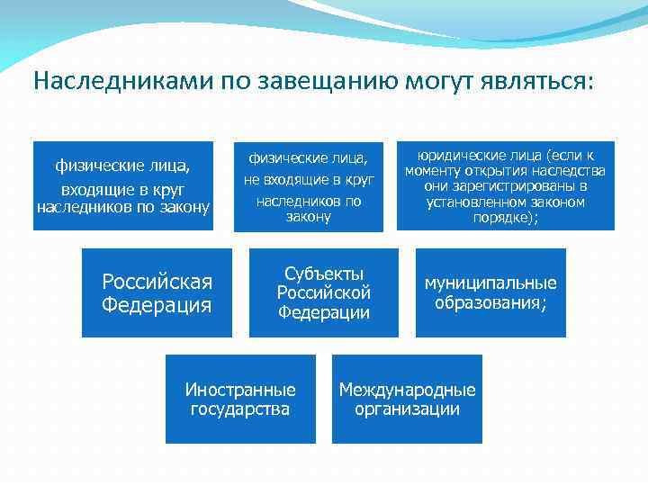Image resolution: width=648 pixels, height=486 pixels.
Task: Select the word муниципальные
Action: click(x=490, y=283)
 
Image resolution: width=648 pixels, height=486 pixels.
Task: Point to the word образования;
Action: click(x=490, y=303)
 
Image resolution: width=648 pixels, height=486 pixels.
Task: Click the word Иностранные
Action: click(x=240, y=391)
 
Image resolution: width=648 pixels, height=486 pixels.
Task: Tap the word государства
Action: click(x=240, y=409)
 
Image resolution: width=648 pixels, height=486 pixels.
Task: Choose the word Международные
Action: click(x=407, y=391)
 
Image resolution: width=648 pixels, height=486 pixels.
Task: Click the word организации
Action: click(x=407, y=409)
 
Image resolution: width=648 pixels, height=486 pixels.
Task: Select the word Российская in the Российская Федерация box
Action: click(x=157, y=283)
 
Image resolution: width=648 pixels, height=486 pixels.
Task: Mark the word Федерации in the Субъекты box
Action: click(x=323, y=312)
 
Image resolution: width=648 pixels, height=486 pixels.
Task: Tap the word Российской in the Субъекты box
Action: click(x=323, y=292)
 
